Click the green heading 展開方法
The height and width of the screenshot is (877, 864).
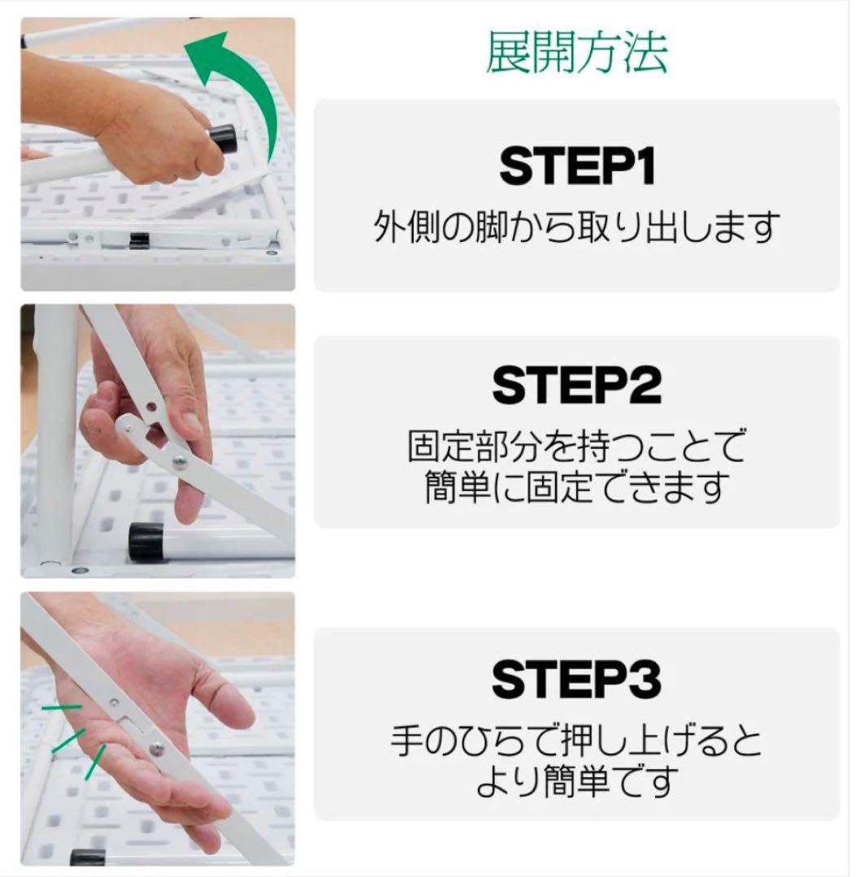click(576, 54)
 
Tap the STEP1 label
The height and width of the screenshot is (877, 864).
click(576, 166)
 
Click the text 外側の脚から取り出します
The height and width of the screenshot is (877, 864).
click(576, 228)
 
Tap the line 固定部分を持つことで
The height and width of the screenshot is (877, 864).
click(576, 446)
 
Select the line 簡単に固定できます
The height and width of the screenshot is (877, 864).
click(576, 487)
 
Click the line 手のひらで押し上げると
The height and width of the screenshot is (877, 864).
click(576, 741)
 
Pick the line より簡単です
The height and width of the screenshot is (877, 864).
click(576, 781)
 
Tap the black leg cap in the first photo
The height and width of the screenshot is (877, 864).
click(224, 139)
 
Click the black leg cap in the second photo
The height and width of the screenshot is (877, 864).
click(146, 542)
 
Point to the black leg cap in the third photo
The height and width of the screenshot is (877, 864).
click(87, 857)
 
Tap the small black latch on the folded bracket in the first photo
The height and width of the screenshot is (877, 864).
click(140, 240)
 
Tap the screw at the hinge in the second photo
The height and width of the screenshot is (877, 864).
click(179, 463)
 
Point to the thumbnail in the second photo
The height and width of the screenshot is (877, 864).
click(191, 422)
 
